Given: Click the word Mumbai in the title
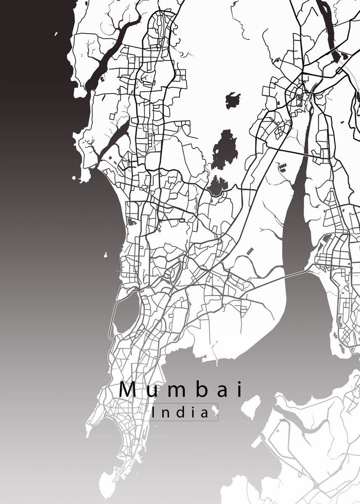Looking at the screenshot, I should [181, 389].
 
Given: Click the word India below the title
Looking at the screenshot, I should [180, 412].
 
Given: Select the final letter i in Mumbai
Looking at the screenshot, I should [240, 389].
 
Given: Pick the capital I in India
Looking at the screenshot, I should [154, 412].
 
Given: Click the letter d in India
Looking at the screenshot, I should [178, 412].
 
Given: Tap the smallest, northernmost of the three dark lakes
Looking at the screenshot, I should [232, 100].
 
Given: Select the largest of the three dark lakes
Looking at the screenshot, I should [224, 149].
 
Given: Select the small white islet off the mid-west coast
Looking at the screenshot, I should [106, 255].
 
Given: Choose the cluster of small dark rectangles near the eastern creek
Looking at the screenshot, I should [282, 168].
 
